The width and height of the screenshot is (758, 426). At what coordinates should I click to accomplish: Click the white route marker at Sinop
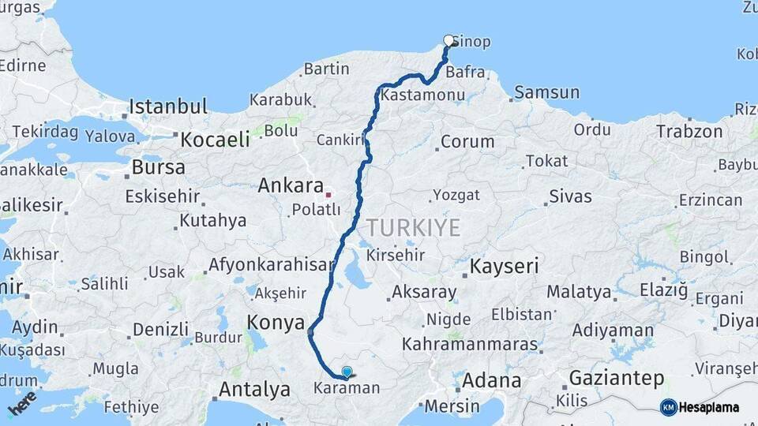pyautogui.click(x=448, y=40)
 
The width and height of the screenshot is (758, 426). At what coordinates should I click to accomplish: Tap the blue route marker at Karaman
pyautogui.click(x=347, y=371)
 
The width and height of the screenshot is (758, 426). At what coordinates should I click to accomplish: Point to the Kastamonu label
pyautogui.click(x=422, y=95)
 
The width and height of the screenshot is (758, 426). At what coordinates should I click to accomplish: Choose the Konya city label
pyautogui.click(x=276, y=322)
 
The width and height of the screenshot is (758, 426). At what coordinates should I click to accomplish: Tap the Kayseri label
pyautogui.click(x=505, y=267)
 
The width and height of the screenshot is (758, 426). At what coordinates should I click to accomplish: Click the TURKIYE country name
pyautogui.click(x=412, y=229)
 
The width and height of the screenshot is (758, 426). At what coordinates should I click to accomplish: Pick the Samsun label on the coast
pyautogui.click(x=547, y=92)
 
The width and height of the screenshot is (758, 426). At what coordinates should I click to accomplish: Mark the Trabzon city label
pyautogui.click(x=689, y=132)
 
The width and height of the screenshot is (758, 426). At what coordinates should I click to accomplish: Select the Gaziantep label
pyautogui.click(x=617, y=379)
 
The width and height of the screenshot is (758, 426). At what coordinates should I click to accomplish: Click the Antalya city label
pyautogui.click(x=254, y=389)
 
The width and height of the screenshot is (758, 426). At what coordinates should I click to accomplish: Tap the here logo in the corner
pyautogui.click(x=21, y=403)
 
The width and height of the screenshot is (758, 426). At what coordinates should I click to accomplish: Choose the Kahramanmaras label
pyautogui.click(x=470, y=346)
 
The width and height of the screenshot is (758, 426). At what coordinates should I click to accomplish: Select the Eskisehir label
pyautogui.click(x=161, y=196)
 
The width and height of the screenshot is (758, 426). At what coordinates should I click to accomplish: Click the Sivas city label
pyautogui.click(x=570, y=196)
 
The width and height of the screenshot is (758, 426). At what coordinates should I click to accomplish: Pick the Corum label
pyautogui.click(x=467, y=143)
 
